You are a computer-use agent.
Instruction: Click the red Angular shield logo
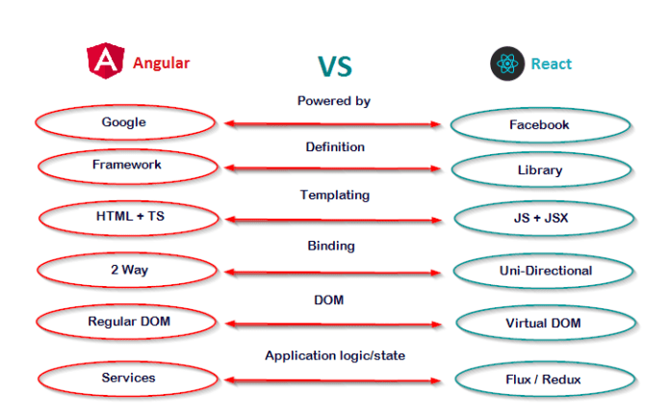104,62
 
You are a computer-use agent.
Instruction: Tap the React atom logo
506,65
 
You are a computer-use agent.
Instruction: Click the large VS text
334,65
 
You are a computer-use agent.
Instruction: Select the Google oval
124,123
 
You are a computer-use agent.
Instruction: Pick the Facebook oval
539,125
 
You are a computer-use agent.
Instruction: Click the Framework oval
126,165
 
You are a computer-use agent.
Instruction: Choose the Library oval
539,170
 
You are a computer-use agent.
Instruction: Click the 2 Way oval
125,270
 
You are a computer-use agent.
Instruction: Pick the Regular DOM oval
127,320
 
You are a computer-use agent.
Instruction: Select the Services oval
128,378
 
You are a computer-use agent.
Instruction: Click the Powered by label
333,101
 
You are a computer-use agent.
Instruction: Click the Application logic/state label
335,355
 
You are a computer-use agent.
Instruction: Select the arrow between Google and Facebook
332,124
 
